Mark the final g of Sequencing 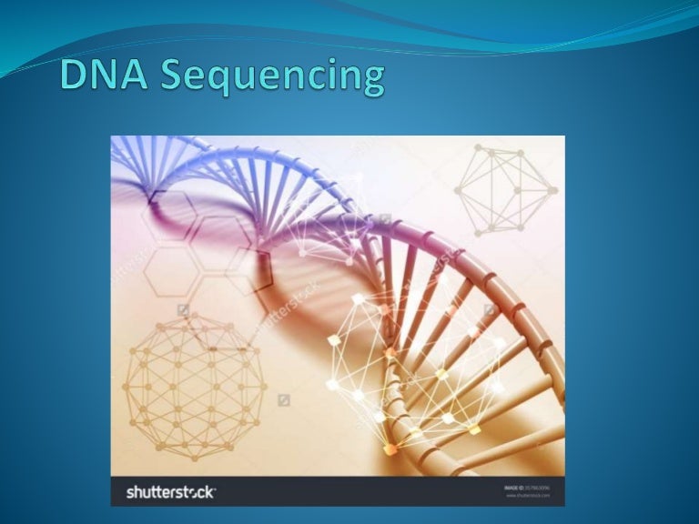(370, 82)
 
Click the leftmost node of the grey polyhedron (457, 189)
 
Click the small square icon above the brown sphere (183, 310)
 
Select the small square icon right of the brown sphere (283, 399)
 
